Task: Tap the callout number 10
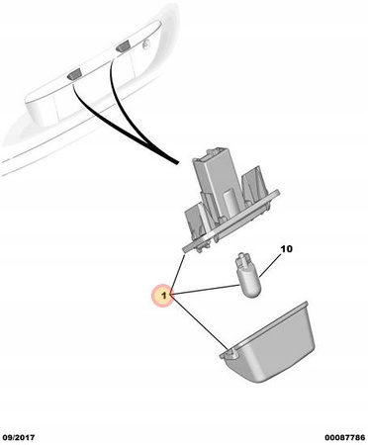pyautogui.click(x=286, y=249)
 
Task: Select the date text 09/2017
pyautogui.click(x=19, y=438)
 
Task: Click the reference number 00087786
pyautogui.click(x=345, y=438)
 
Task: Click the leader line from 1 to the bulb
pyautogui.click(x=205, y=290)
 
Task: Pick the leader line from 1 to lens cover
pyautogui.click(x=200, y=322)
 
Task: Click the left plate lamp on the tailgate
pyautogui.click(x=74, y=75)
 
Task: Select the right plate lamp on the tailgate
pyautogui.click(x=122, y=46)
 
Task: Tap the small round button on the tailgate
pyautogui.click(x=146, y=43)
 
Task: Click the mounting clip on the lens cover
pyautogui.click(x=229, y=354)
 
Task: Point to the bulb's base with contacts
pyautogui.click(x=242, y=258)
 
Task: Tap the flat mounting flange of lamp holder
pyautogui.click(x=230, y=222)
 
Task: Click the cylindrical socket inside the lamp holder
pyautogui.click(x=230, y=204)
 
